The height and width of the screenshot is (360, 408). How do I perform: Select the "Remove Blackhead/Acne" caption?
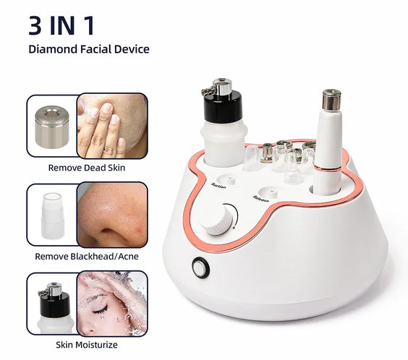pyautogui.click(x=86, y=256)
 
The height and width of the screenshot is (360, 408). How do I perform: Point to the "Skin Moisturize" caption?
pyautogui.click(x=86, y=345)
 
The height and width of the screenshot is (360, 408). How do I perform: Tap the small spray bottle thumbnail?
pyautogui.click(x=51, y=304)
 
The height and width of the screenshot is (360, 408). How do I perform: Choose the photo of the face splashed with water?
pyautogui.click(x=111, y=304)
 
